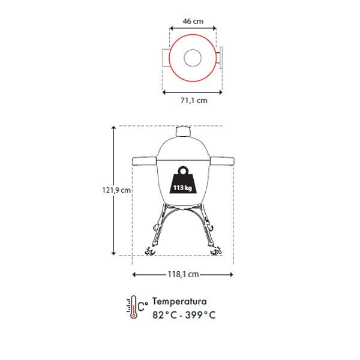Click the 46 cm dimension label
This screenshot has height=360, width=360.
pos(193,22)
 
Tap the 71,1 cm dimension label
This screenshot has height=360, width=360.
pos(194,101)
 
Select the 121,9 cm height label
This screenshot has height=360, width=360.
pos(116,190)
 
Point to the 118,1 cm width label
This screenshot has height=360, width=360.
pos(183,274)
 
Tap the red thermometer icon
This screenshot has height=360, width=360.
pos(133,307)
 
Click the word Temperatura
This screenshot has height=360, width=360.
pos(179,301)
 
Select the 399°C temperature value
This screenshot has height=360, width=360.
pos(200,315)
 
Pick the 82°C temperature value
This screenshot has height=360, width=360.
pos(165,315)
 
